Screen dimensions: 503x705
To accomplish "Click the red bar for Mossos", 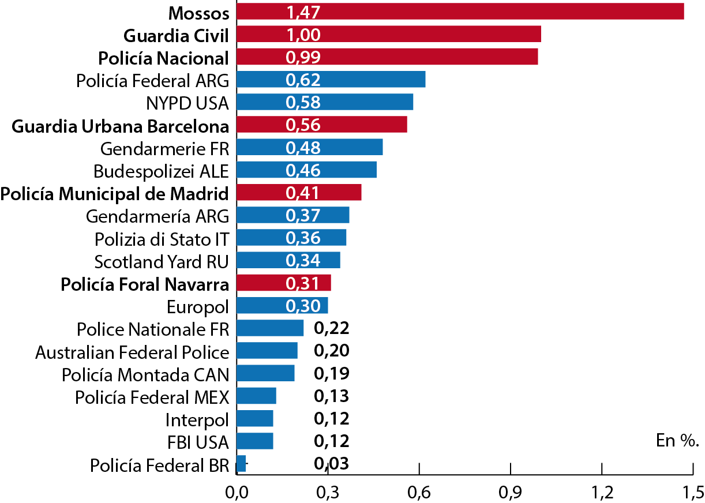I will (460, 12).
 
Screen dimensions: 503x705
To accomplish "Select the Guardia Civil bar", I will (388, 34).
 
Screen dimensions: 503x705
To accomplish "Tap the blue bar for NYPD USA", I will (325, 102).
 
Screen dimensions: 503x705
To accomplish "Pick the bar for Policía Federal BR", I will (241, 464).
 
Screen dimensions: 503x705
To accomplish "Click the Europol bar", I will (282, 306).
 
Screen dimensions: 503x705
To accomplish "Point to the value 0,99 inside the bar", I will (303, 57).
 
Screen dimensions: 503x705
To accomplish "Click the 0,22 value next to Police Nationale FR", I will (332, 328).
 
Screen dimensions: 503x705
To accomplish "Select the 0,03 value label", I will (332, 464).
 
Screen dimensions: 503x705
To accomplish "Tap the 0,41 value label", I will (303, 193).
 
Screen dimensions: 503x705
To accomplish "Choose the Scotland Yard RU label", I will (162, 261).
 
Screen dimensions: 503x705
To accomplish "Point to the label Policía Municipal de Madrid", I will (115, 193).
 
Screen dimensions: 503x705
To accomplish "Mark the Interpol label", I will (197, 419).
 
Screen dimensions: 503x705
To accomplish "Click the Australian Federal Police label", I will (132, 351).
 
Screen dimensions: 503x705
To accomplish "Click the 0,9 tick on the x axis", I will (511, 492).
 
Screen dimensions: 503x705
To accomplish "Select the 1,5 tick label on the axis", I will (692, 492).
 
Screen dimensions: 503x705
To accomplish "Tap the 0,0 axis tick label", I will (237, 492).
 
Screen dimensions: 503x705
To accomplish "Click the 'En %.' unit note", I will (677, 441).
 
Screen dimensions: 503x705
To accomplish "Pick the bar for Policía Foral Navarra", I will (283, 283).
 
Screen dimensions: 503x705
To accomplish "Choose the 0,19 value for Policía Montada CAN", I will (332, 374).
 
